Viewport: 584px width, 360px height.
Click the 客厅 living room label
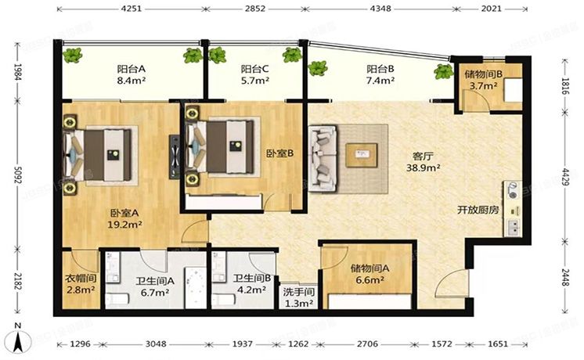423,156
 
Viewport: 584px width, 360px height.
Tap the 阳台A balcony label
131,69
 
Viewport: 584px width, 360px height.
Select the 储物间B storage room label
483,74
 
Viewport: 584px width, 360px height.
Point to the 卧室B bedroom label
279,153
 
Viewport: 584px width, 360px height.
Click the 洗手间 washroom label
299,292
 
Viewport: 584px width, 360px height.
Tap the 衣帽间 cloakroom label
81,278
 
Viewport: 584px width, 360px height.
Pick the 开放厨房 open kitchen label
478,210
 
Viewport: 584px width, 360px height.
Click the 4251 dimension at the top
132,8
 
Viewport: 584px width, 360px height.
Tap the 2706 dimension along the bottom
367,344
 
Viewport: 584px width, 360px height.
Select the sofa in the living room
323,159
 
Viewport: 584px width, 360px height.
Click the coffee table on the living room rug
361,155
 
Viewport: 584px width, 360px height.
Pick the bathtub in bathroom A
195,288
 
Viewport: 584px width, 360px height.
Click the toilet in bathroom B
223,300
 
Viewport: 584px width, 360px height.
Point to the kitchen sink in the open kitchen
513,228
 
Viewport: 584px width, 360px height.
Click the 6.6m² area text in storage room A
370,279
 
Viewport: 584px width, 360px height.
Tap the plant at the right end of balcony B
444,71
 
